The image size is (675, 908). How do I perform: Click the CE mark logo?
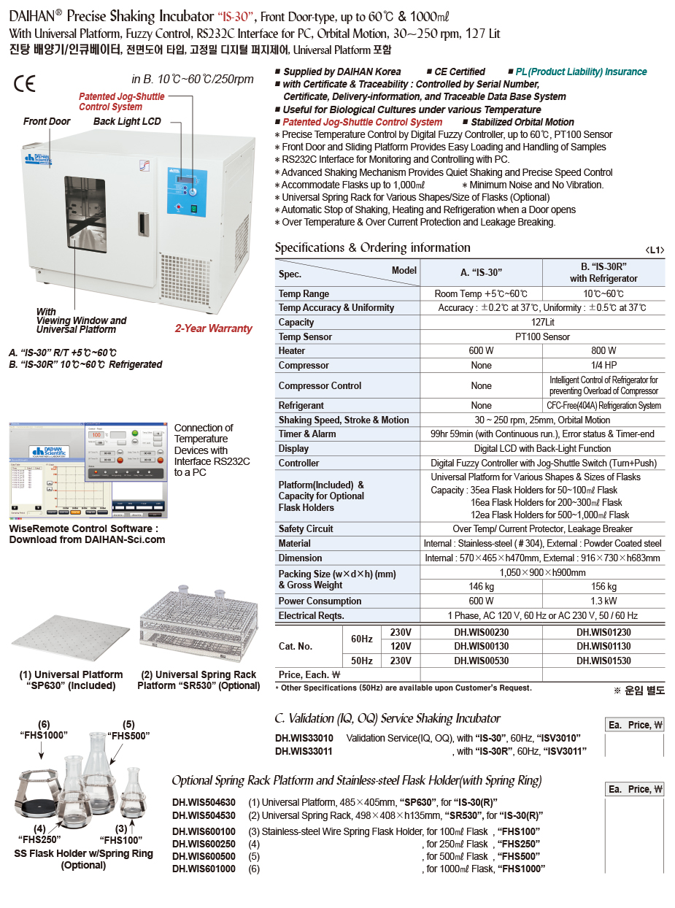[24, 82]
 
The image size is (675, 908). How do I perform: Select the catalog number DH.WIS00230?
[481, 633]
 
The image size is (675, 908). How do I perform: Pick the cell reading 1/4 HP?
[603, 365]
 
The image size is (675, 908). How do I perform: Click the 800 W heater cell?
[603, 350]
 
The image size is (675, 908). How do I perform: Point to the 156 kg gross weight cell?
[603, 586]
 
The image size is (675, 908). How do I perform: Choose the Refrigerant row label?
[301, 405]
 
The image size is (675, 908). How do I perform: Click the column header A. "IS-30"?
[481, 272]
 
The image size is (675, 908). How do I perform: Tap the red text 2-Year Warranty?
[213, 328]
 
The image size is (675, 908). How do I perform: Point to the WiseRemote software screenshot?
[85, 471]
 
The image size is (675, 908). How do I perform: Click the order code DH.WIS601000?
[204, 869]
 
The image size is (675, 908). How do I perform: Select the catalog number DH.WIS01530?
[603, 661]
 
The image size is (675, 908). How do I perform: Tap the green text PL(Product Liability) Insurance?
[581, 72]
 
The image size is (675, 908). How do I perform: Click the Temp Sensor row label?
[305, 336]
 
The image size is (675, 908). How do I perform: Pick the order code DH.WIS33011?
[304, 750]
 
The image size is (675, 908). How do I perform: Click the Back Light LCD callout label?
[127, 121]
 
